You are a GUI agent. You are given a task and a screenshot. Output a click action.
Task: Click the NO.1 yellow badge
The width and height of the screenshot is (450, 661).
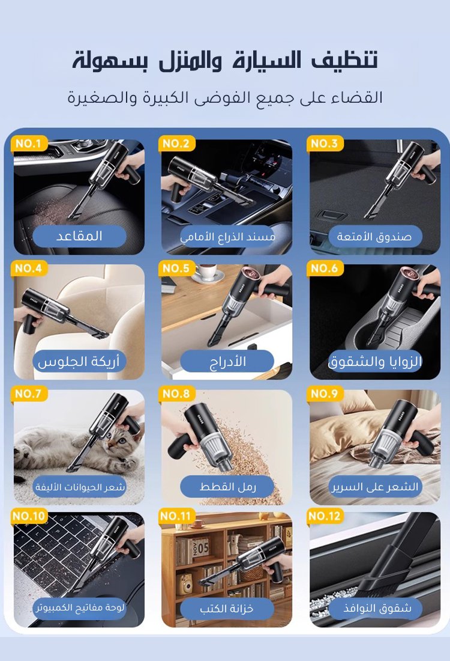pyautogui.click(x=29, y=144)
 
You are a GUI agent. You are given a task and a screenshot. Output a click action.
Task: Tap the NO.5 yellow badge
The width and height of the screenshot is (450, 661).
pyautogui.click(x=176, y=268)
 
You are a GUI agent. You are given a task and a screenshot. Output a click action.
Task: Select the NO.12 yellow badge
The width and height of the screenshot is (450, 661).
pyautogui.click(x=324, y=516)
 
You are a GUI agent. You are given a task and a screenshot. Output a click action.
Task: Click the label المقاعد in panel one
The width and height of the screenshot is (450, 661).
pyautogui.click(x=79, y=236)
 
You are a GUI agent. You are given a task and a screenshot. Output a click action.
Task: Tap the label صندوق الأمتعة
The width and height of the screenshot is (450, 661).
pyautogui.click(x=374, y=237)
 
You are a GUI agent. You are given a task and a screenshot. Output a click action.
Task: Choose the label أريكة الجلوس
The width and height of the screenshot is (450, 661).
pyautogui.click(x=79, y=362)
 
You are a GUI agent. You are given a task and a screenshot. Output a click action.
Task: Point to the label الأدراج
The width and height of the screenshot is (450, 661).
pyautogui.click(x=227, y=361)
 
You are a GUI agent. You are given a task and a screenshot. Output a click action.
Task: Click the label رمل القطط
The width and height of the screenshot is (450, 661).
pyautogui.click(x=227, y=487)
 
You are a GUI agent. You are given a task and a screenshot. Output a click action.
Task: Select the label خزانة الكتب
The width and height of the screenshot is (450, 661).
pyautogui.click(x=227, y=609)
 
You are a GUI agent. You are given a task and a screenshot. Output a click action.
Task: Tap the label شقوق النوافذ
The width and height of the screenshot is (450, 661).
pyautogui.click(x=376, y=608)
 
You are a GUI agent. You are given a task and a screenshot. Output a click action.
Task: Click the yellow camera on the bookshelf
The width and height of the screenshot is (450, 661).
pyautogui.click(x=185, y=584)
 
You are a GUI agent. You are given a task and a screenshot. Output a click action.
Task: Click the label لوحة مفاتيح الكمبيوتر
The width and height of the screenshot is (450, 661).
pyautogui.click(x=79, y=608)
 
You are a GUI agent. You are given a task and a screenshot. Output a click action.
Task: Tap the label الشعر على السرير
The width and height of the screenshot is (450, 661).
pyautogui.click(x=374, y=487)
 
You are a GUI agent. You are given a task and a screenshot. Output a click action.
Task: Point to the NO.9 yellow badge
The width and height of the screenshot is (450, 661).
pyautogui.click(x=325, y=394)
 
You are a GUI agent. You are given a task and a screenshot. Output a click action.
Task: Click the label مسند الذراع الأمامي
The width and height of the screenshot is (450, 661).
pyautogui.click(x=228, y=237)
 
